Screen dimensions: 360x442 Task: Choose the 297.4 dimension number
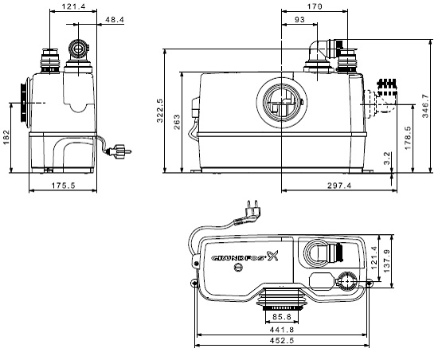point(337,185)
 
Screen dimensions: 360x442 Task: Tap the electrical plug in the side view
point(122,148)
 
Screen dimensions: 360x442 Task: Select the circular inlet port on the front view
point(278,103)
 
